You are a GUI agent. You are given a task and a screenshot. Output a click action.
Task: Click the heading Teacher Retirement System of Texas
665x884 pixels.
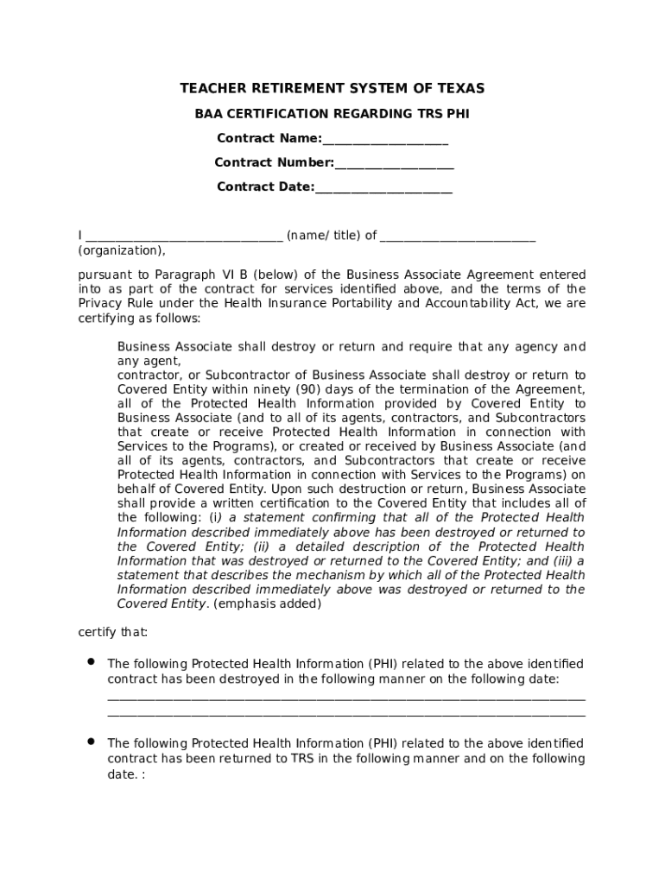click(x=332, y=89)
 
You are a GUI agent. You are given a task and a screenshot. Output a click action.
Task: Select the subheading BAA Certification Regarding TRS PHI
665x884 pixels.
click(x=332, y=114)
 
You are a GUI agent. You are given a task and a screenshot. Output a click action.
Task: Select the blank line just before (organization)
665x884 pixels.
click(x=457, y=236)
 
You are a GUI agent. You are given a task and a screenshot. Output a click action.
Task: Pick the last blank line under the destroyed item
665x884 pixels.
click(x=345, y=715)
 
